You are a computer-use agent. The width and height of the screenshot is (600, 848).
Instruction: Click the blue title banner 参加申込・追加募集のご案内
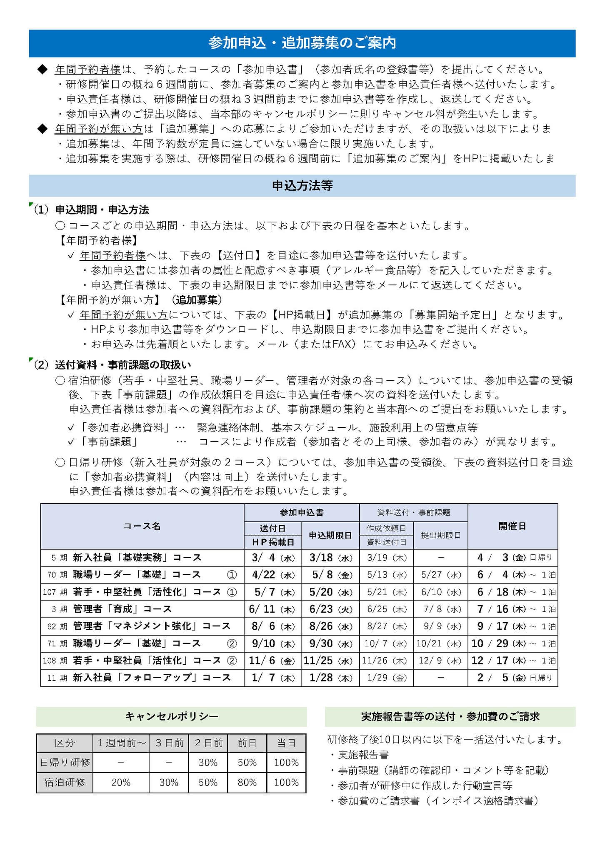(302, 43)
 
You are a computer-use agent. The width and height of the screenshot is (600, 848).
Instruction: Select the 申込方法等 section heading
(302, 186)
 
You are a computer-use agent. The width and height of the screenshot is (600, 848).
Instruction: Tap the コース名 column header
(142, 526)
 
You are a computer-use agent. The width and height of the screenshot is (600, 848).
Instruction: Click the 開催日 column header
(512, 526)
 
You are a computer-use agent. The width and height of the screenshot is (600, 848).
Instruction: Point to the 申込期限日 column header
(330, 535)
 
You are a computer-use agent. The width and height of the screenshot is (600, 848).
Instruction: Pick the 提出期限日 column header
(440, 535)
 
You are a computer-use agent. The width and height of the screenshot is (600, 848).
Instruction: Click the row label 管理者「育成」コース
(122, 609)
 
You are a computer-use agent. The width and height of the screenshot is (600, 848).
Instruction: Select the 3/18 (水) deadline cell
(330, 558)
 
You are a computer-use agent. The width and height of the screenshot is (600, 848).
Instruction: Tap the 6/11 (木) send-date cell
(272, 609)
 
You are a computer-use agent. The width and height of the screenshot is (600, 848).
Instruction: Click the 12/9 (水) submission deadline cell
(440, 661)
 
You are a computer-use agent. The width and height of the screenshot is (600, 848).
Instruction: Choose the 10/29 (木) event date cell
(512, 643)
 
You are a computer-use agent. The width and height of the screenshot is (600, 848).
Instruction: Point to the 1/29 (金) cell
(386, 678)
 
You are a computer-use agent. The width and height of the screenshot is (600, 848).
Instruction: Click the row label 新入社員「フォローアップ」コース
(152, 678)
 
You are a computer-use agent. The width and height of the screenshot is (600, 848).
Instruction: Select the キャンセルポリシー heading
(171, 716)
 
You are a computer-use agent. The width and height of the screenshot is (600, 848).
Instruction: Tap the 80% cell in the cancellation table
(247, 782)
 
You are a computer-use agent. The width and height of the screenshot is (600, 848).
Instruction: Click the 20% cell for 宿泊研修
(121, 782)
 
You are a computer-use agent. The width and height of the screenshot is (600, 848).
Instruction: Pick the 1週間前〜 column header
(121, 743)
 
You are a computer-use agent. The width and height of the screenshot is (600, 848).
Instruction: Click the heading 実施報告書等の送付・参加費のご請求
(450, 716)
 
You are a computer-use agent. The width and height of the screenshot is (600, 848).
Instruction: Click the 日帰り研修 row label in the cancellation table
(65, 763)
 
